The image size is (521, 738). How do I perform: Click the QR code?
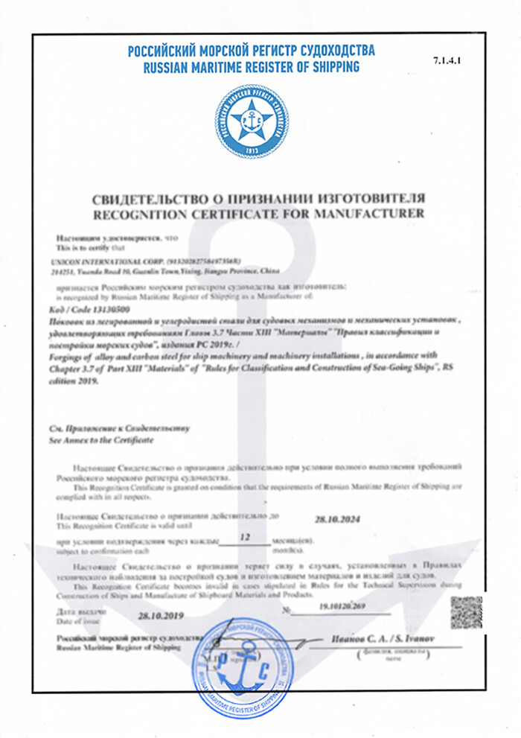[x=467, y=612]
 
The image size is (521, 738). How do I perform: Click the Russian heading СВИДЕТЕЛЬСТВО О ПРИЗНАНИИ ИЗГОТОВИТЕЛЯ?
[x=258, y=200]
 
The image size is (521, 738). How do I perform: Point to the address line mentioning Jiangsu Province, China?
[x=153, y=272]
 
